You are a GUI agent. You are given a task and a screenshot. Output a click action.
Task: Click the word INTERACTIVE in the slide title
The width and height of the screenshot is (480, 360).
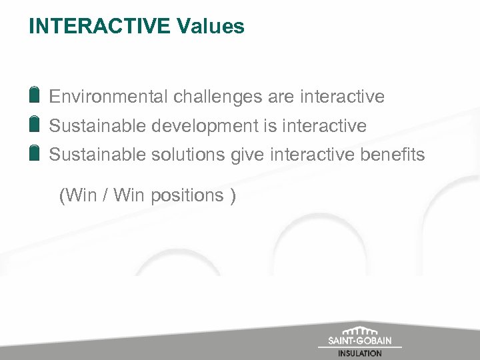click(x=100, y=27)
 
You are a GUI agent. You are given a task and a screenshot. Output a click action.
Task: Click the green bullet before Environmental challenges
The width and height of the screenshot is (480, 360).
click(x=34, y=95)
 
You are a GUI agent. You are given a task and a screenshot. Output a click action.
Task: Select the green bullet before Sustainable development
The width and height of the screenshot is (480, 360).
click(x=34, y=124)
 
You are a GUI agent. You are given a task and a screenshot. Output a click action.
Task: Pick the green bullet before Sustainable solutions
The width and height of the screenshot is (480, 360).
click(x=34, y=153)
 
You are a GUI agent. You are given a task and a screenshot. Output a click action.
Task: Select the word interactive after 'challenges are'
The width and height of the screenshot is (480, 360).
click(x=342, y=97)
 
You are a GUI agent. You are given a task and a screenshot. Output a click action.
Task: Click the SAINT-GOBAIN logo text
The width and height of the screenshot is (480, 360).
click(x=359, y=341)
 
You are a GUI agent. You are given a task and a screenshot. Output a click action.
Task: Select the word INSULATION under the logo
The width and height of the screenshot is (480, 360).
click(x=359, y=353)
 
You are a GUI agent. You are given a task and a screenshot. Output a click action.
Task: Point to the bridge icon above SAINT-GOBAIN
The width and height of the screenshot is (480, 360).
click(x=359, y=331)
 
